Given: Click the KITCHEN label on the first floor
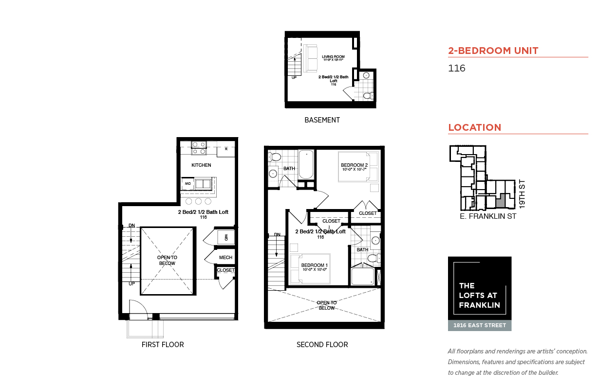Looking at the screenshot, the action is coord(201,165).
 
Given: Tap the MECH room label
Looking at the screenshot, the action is coord(225,258).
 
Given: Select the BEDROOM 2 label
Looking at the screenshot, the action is coord(354,165).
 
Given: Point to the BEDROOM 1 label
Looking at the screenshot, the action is coord(314,265).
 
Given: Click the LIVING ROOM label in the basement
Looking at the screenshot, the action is coord(333,56).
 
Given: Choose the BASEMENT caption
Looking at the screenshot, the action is coord(322,120).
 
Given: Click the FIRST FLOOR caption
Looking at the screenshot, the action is coord(163,345).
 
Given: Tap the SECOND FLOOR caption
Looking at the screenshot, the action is coord(322,345).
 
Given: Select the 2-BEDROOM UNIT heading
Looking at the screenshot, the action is coord(493,51).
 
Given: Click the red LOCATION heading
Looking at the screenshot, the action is coord(475,127).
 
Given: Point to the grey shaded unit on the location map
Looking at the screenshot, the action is coord(501,202).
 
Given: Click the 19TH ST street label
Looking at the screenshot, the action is coord(522,194).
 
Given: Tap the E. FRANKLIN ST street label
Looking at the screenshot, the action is coord(488,216).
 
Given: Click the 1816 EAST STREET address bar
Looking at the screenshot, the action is coord(480,326).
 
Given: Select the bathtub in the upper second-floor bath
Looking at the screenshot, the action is coord(306,164).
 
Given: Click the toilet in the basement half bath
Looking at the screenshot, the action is coord(369,95).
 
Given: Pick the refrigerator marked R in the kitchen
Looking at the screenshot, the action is coord(226,151).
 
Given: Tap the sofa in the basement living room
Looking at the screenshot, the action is coord(310,58).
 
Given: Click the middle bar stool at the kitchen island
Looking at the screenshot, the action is coord(198,201).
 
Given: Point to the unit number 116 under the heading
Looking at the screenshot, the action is coord(456,68).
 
